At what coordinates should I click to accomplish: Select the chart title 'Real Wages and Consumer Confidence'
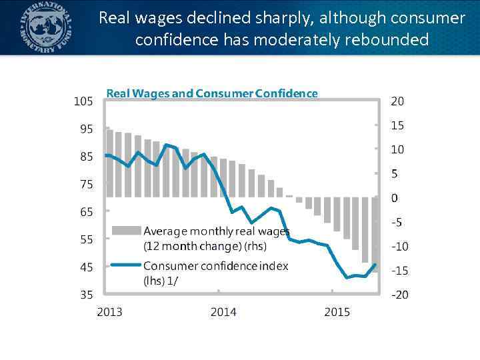pos(212,93)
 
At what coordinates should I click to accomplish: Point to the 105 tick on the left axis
pos(83,101)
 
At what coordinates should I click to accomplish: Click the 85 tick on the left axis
pos(87,157)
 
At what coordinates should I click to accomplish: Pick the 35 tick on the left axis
pos(87,294)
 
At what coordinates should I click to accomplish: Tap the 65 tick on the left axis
pos(87,212)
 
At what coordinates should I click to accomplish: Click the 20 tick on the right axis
pos(397,101)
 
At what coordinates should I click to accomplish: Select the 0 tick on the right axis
pos(395,198)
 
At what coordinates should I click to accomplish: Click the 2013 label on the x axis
pos(109,312)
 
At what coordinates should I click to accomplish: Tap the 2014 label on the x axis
pos(223,312)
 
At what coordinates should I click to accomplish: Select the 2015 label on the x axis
pos(337,312)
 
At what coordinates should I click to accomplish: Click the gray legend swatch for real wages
pos(126,231)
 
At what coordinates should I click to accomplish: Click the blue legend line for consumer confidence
pos(126,265)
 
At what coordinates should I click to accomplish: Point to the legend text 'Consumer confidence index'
pos(216,266)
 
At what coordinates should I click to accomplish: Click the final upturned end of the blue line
pos(375,265)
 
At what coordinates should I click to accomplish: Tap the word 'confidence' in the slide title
pos(176,40)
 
